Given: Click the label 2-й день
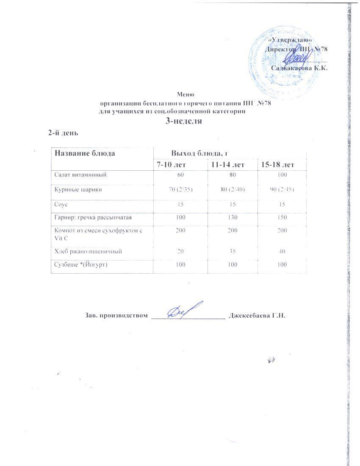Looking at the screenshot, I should pos(64,133).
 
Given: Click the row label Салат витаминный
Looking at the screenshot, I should pos(80,174).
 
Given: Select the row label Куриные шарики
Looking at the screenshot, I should pos(78,190).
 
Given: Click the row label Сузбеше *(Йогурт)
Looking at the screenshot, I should pos(81,264).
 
